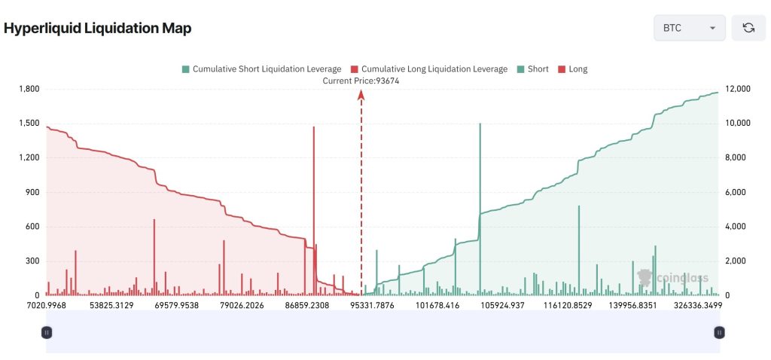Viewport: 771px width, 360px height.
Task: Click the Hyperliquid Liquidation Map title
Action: (98, 29)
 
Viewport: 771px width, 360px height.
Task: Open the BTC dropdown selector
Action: (689, 28)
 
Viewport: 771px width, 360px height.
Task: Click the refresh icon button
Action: (748, 28)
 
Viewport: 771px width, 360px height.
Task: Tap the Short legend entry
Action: (532, 69)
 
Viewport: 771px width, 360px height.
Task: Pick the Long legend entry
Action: (572, 69)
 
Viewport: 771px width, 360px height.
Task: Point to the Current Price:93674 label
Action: (361, 81)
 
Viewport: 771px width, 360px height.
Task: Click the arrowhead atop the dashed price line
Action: (361, 94)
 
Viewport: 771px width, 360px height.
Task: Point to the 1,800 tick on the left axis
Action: (29, 89)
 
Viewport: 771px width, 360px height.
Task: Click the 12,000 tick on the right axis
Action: (738, 89)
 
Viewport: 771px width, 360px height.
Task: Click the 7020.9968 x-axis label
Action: (46, 306)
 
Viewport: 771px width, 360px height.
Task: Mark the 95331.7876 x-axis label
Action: (361, 306)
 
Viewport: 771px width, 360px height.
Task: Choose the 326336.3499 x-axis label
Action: (692, 306)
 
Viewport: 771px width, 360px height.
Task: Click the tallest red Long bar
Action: (314, 203)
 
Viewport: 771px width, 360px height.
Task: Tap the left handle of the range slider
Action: (47, 332)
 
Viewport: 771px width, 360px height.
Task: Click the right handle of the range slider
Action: (720, 332)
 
